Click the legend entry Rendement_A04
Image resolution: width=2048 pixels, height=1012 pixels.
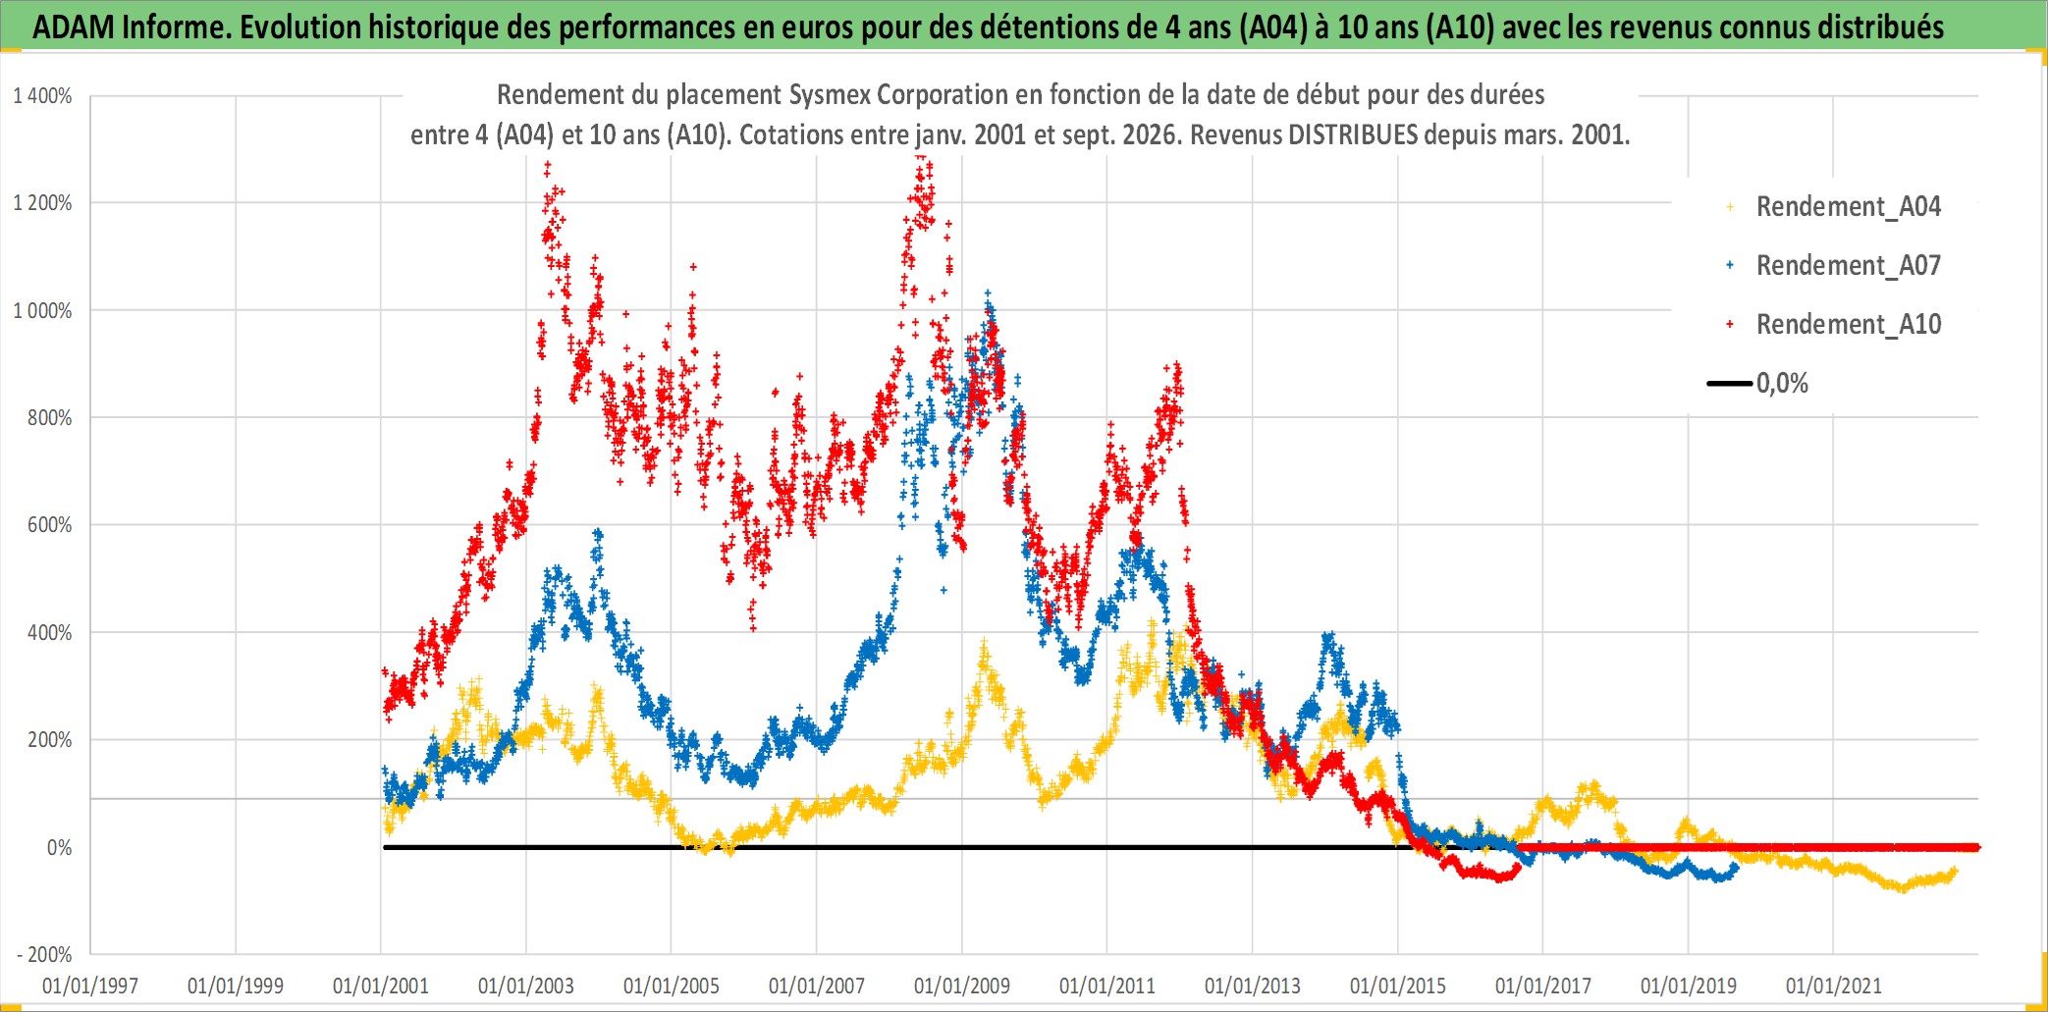[x=1834, y=207]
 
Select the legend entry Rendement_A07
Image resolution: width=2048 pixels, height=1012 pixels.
[x=1834, y=266]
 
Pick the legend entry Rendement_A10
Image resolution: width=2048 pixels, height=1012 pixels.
[x=1834, y=325]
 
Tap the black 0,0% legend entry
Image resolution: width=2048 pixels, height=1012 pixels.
[x=1758, y=383]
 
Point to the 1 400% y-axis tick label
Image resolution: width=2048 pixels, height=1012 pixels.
[x=42, y=96]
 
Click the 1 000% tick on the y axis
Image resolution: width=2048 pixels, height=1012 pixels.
[x=42, y=310]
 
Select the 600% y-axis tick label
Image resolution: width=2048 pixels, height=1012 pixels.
[x=50, y=525]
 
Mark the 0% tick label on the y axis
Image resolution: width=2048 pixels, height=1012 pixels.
[x=60, y=847]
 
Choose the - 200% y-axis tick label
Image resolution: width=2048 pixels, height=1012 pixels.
[x=44, y=954]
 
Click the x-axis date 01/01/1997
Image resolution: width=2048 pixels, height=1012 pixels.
[x=90, y=985]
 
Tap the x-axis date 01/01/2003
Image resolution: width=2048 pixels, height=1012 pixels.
[x=526, y=985]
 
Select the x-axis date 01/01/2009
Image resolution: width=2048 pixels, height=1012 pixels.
[x=962, y=985]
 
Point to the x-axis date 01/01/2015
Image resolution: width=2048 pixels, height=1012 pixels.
[x=1398, y=985]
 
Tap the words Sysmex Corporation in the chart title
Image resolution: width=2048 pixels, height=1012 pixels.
[x=896, y=94]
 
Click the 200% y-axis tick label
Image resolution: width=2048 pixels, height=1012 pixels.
[x=50, y=740]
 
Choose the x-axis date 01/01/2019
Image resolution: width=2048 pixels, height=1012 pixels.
[x=1689, y=985]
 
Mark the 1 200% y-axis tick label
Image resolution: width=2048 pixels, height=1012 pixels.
[x=42, y=203]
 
